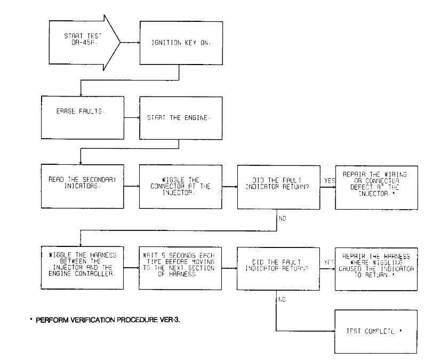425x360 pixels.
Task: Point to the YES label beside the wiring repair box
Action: (329, 181)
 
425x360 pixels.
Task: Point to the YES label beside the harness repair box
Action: (329, 262)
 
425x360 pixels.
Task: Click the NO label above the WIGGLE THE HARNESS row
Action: (283, 218)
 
